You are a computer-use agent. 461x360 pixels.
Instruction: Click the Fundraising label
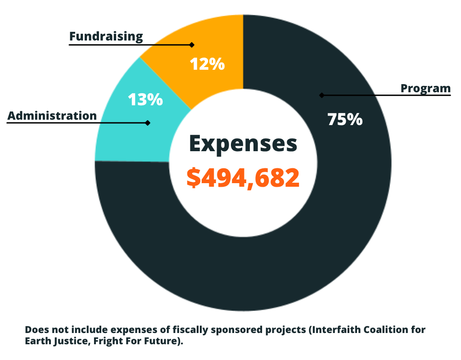pyautogui.click(x=106, y=36)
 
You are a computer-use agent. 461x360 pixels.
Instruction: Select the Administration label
pyautogui.click(x=52, y=116)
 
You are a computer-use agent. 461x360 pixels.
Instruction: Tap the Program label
pyautogui.click(x=425, y=88)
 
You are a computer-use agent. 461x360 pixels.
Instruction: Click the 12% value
pyautogui.click(x=207, y=64)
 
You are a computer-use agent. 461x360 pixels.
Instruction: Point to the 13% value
pyautogui.click(x=145, y=100)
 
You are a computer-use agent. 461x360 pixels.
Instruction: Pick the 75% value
pyautogui.click(x=344, y=119)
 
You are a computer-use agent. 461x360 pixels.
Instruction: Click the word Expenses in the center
pyautogui.click(x=243, y=144)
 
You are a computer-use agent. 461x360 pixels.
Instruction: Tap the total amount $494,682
pyautogui.click(x=243, y=178)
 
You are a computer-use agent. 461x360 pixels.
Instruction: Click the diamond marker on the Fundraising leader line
pyautogui.click(x=192, y=45)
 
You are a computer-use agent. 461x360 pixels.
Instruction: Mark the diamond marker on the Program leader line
pyautogui.click(x=321, y=95)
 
